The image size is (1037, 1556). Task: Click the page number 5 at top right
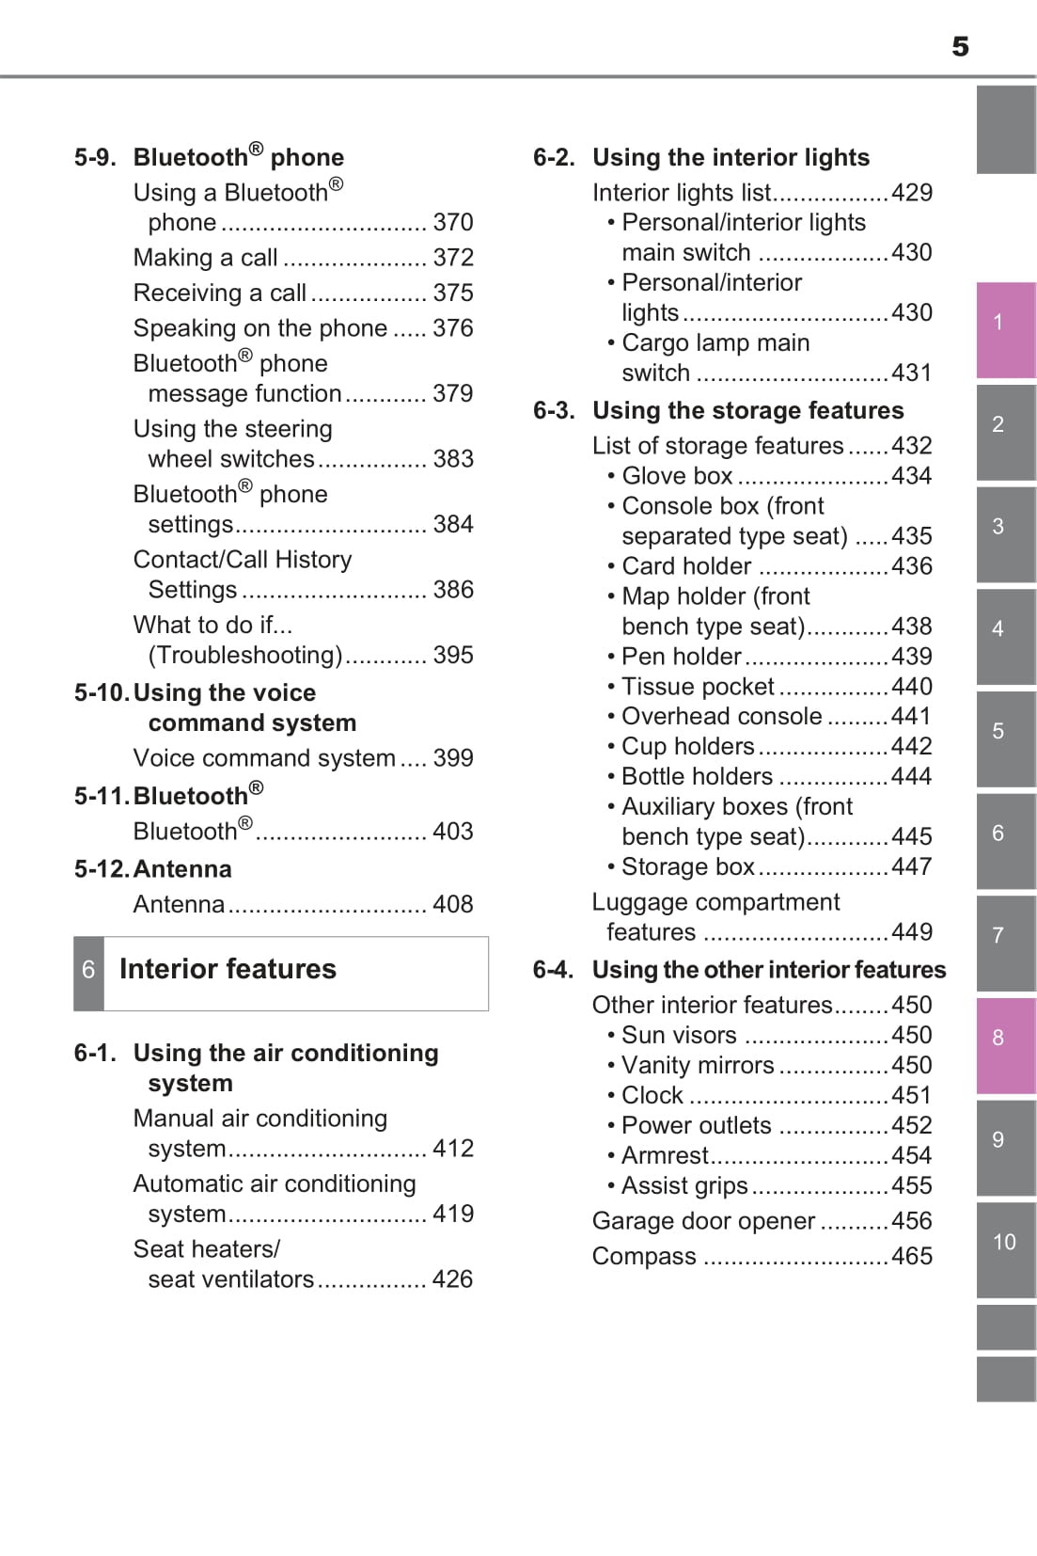960,47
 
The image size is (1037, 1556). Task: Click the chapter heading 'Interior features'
228,969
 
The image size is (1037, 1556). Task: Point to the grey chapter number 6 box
88,974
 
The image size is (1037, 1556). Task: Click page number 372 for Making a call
452,258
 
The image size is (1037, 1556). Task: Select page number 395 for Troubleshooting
452,655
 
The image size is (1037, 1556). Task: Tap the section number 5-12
102,869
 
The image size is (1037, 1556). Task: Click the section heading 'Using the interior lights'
731,158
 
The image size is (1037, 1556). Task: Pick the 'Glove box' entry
677,476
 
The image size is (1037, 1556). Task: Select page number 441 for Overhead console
911,717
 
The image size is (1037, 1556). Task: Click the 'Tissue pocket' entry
698,687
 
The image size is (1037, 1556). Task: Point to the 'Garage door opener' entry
703,1221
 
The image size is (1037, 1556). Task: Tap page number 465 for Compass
911,1257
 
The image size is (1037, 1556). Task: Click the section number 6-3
553,411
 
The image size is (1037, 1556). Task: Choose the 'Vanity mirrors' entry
698,1066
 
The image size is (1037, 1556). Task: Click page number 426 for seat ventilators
452,1279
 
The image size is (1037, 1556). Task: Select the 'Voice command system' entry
264,758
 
